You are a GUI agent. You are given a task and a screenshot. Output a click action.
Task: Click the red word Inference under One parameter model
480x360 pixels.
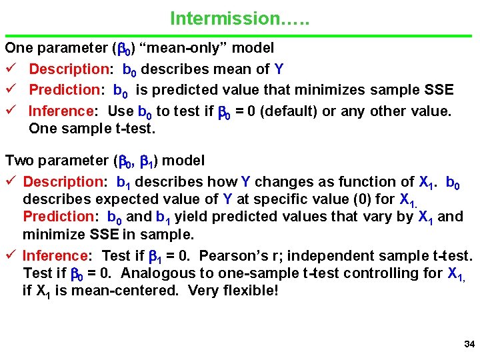point(59,111)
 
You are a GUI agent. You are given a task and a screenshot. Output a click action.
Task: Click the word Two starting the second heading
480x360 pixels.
point(19,161)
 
